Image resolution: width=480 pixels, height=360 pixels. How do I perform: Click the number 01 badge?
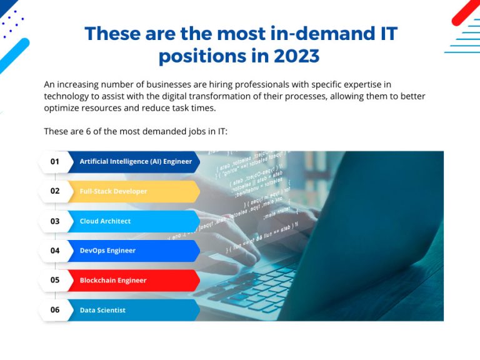55,161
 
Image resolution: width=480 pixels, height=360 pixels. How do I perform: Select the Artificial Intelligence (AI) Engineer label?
136,161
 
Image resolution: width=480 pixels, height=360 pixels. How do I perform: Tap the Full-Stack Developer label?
113,191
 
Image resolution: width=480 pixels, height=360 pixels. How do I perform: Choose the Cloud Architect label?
105,221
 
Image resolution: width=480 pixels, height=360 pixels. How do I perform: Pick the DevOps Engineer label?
107,251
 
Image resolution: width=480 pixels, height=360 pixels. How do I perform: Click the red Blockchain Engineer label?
113,281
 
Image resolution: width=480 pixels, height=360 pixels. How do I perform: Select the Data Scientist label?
102,310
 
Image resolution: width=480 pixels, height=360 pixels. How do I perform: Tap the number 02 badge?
55,191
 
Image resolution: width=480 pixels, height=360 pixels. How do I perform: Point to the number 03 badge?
55,221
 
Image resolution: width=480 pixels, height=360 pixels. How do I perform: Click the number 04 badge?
55,251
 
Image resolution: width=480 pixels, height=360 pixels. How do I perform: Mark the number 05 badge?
55,281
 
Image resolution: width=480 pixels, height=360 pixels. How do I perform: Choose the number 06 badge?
55,310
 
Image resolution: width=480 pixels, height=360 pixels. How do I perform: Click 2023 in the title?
296,56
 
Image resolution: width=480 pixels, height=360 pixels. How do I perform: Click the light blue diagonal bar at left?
14,56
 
